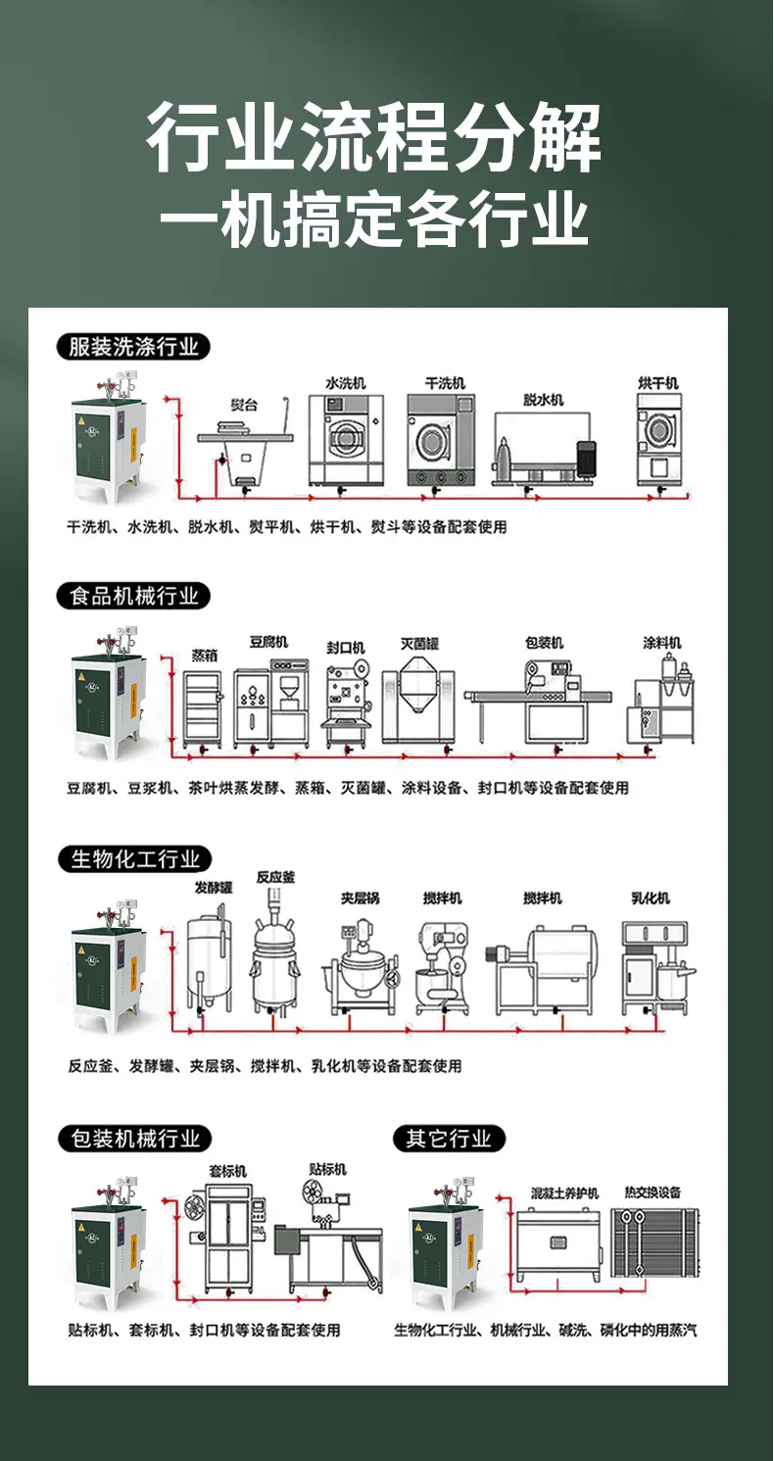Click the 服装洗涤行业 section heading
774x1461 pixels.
133,346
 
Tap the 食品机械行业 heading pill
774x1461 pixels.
133,596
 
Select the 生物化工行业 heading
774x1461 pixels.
134,859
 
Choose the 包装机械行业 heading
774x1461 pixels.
134,1139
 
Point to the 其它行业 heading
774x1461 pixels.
449,1139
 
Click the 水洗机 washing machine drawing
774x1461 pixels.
346,440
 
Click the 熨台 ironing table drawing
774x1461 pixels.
245,444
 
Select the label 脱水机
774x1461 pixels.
543,400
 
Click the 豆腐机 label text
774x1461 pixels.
268,643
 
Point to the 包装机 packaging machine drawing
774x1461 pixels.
539,703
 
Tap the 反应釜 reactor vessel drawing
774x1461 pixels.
275,950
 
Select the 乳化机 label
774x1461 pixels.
651,899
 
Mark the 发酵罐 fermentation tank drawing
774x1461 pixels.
209,958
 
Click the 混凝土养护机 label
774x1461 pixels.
564,1193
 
